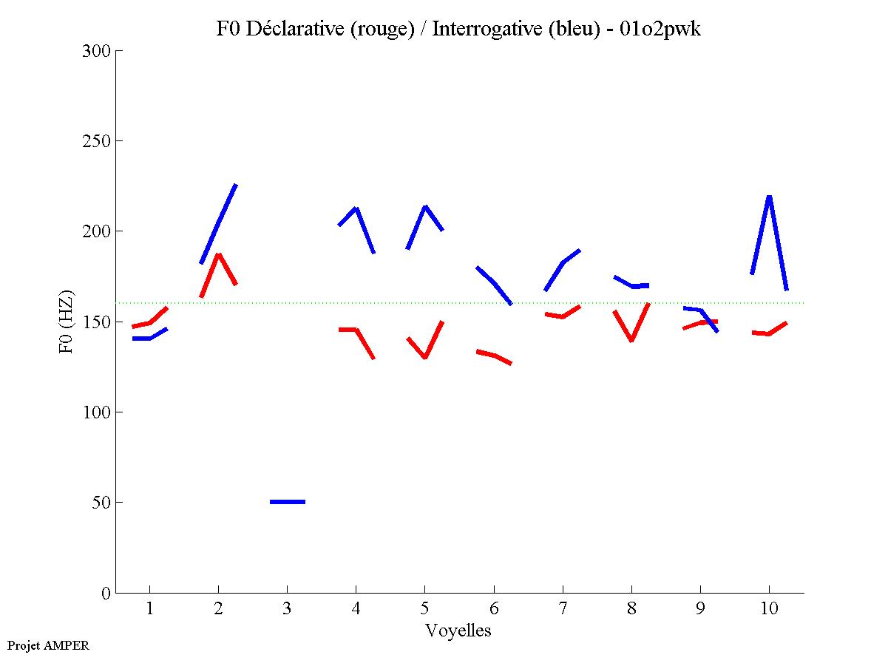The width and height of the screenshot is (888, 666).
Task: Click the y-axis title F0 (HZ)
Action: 66,322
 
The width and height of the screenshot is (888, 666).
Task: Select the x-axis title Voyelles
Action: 458,631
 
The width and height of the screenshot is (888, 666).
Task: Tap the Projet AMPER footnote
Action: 48,645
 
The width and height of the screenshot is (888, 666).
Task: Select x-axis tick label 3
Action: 287,609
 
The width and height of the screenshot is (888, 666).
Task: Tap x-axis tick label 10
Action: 769,609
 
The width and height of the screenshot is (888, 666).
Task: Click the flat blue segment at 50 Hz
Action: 288,502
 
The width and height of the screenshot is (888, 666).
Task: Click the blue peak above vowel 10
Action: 769,198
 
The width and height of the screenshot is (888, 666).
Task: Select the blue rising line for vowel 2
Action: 219,222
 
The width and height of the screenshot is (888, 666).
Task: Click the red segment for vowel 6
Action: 493,356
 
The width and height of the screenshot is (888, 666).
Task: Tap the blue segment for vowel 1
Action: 150,338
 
